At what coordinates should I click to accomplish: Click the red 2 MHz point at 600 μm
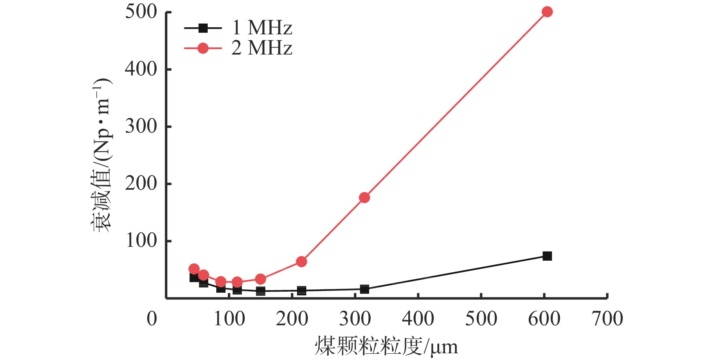coord(547,12)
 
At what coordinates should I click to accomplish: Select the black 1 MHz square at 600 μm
coord(547,256)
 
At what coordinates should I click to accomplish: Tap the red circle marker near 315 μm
coord(364,198)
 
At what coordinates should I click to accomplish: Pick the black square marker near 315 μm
coord(364,289)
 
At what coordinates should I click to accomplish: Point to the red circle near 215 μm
coord(301,261)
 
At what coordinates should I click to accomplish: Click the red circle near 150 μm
coord(260,279)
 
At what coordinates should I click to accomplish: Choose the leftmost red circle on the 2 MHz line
coord(194,269)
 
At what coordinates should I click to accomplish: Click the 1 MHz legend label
coord(261,28)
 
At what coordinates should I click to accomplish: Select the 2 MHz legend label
coord(261,48)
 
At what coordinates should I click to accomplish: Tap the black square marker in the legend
coord(203,28)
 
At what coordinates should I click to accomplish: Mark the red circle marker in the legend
coord(203,48)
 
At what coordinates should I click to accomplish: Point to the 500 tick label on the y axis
coord(141,12)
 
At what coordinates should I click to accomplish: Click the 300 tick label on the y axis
coord(141,127)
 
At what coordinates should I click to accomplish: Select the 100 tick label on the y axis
coord(141,241)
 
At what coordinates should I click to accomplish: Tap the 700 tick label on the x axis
coord(607,319)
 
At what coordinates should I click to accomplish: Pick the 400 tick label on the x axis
coord(418,319)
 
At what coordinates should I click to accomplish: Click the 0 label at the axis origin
coord(152,319)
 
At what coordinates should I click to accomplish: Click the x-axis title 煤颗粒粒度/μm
coord(386,347)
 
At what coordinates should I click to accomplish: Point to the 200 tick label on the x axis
coord(292,319)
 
